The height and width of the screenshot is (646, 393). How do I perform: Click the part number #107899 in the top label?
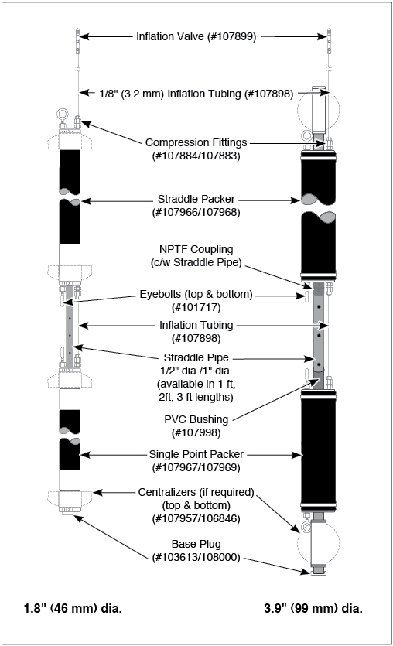(x=233, y=36)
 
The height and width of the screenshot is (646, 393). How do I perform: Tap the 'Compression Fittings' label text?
(x=196, y=142)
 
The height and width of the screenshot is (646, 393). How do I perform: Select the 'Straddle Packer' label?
(x=196, y=199)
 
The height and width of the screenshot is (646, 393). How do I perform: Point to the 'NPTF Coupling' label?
(x=196, y=249)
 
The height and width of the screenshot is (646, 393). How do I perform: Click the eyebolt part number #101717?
(x=196, y=307)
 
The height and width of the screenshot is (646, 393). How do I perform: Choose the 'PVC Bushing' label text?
(x=196, y=419)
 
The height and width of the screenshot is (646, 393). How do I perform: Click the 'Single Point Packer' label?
(x=196, y=454)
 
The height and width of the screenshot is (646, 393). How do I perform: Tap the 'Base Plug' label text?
(x=196, y=544)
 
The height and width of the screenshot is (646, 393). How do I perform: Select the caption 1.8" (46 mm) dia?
(x=73, y=609)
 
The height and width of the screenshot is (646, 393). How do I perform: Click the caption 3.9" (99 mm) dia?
(x=313, y=609)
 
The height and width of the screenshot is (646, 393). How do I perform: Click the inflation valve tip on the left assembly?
(x=77, y=29)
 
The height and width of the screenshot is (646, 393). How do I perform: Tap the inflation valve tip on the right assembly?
(x=328, y=29)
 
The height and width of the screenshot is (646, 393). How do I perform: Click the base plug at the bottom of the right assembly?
(x=318, y=571)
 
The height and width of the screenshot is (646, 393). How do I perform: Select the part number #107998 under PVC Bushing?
(x=196, y=432)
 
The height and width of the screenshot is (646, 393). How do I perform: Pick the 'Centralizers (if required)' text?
(x=196, y=492)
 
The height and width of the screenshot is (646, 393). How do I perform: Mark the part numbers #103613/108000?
(x=196, y=558)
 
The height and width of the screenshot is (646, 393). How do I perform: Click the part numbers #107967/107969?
(x=196, y=467)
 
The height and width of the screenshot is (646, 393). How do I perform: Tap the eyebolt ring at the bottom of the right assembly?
(x=306, y=528)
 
